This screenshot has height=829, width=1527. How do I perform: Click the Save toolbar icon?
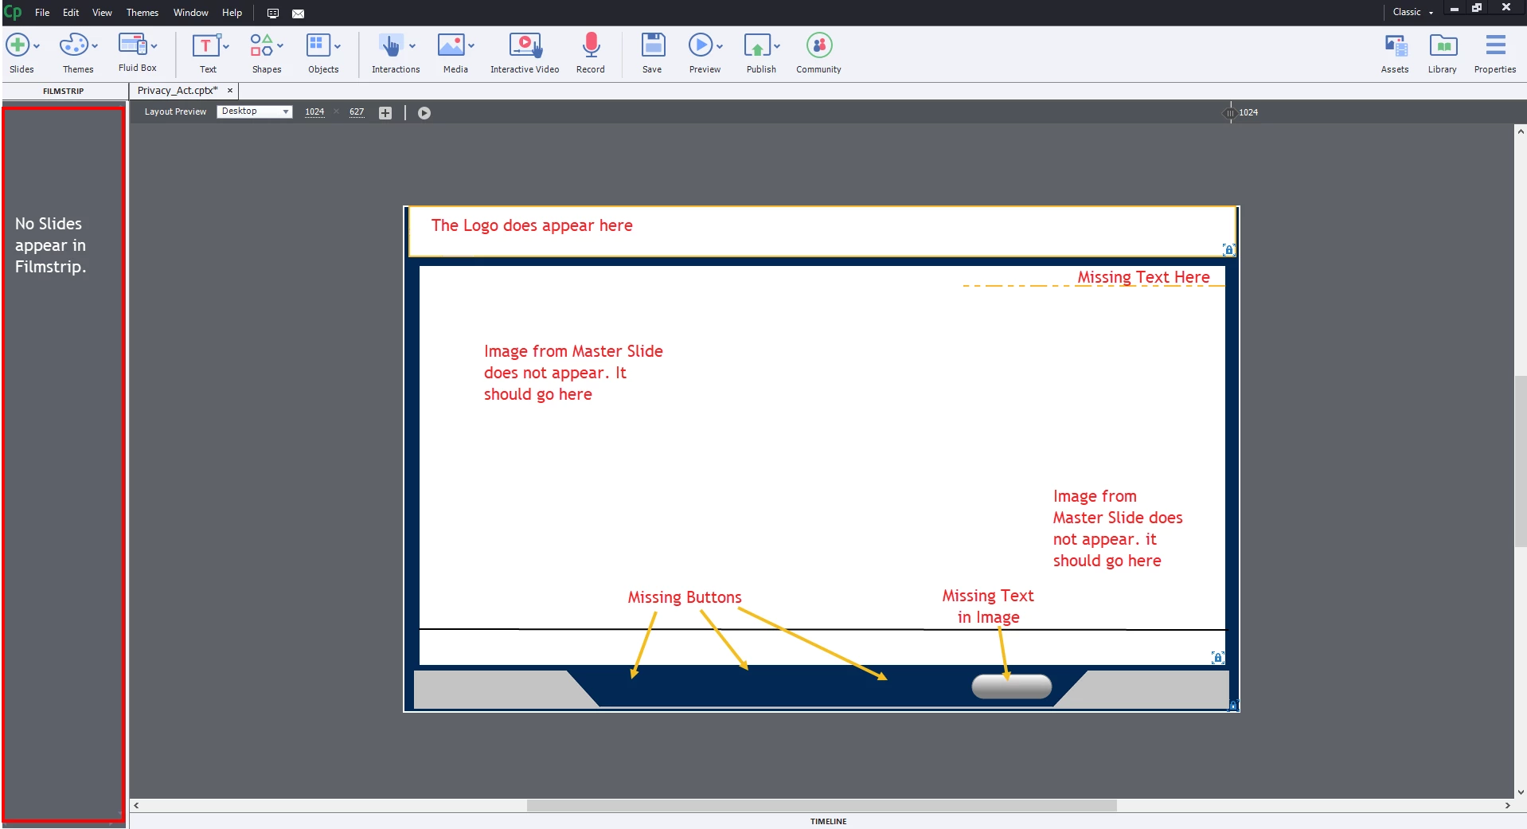click(x=653, y=45)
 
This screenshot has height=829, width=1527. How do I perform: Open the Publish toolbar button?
click(x=757, y=45)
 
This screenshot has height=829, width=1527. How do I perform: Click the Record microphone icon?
click(x=591, y=45)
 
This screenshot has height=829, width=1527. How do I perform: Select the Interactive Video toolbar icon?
click(x=525, y=45)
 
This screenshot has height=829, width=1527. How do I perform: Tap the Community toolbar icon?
click(x=819, y=45)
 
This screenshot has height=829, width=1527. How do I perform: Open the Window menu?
click(x=191, y=13)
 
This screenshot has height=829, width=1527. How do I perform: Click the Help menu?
click(x=232, y=13)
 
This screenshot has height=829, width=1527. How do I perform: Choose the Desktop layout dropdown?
click(x=255, y=111)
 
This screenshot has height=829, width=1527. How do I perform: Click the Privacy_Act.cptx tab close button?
click(x=230, y=91)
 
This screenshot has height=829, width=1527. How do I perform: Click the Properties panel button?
click(x=1495, y=45)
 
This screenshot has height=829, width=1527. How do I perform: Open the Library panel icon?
click(x=1443, y=45)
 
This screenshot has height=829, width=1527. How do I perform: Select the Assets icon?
click(x=1396, y=45)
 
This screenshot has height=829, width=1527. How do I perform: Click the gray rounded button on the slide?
click(x=1012, y=686)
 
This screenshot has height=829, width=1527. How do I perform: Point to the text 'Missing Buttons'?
click(x=685, y=597)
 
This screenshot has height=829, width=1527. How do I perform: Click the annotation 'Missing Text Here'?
click(x=1143, y=277)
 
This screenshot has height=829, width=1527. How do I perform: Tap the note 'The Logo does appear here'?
click(x=532, y=225)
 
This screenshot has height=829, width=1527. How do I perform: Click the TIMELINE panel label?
click(x=828, y=821)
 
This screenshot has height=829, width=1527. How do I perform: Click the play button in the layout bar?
click(x=424, y=113)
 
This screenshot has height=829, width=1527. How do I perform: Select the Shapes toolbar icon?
click(x=262, y=45)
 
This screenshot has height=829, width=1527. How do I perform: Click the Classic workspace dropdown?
click(x=1413, y=12)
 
